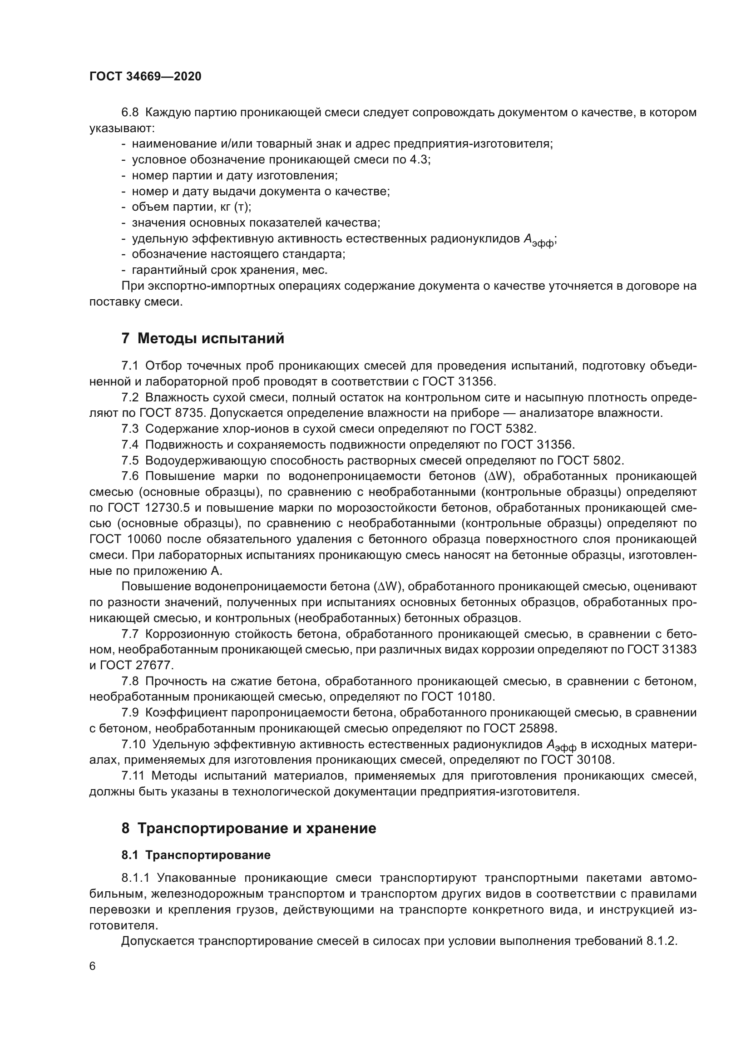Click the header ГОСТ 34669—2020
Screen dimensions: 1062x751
click(145, 76)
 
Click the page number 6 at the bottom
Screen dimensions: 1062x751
click(93, 966)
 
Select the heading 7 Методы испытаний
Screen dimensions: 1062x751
click(203, 338)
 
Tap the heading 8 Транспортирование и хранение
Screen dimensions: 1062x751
click(249, 828)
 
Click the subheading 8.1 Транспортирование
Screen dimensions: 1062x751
click(196, 855)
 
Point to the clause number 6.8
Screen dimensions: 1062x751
click(130, 113)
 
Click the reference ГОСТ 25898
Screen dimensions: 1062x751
click(520, 728)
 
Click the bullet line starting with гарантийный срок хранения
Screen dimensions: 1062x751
click(229, 270)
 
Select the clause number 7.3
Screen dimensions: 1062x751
click(130, 429)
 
